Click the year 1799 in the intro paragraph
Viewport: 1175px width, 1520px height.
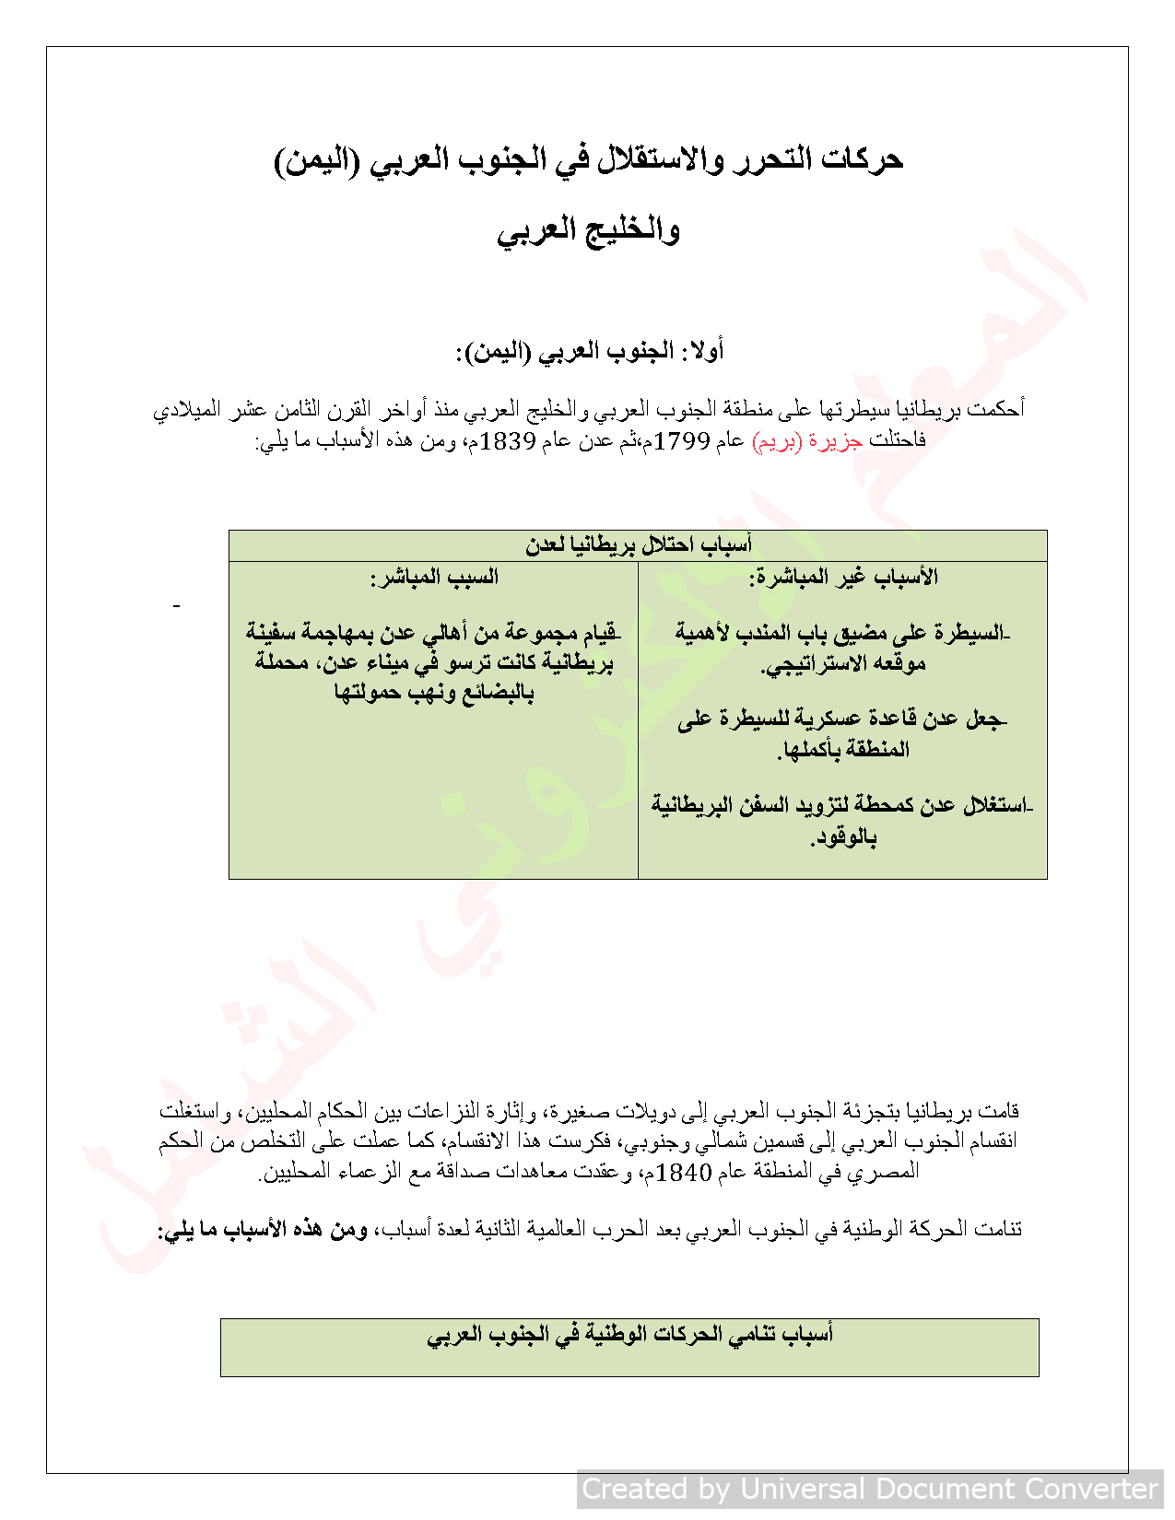tap(682, 441)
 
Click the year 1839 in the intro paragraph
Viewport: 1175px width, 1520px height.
tap(508, 441)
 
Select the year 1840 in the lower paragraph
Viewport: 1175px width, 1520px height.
tap(686, 1173)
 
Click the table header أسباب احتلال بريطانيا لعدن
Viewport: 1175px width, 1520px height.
tap(638, 545)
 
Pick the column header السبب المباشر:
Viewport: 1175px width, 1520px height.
tap(434, 578)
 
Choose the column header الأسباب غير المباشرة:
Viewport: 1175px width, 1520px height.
tap(843, 578)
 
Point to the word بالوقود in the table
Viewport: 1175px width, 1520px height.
tap(843, 838)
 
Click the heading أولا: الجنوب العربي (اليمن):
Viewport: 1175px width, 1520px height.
tap(590, 351)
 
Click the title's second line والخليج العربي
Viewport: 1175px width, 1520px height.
tap(588, 230)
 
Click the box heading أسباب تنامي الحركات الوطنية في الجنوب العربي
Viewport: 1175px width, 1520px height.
tap(629, 1334)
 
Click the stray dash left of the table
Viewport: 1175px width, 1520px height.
tap(176, 605)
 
